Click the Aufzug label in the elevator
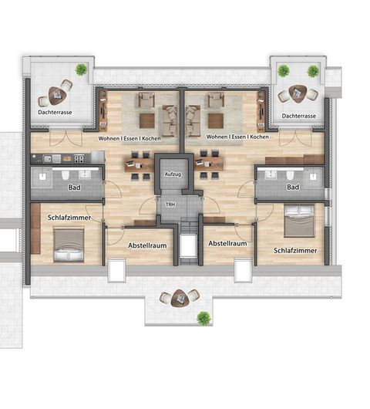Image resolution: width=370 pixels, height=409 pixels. pos(173,174)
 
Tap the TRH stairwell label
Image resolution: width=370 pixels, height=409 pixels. pos(170,204)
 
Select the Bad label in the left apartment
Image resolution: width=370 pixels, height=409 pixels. pos(75,188)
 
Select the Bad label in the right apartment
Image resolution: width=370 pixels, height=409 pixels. pos(293,187)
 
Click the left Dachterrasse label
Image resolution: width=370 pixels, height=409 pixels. pos(55,113)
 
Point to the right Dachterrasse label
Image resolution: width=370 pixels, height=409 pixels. pos(299,116)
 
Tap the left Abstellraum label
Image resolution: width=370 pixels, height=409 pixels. pos(147,245)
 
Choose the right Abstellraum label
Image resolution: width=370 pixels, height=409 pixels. pos(227,243)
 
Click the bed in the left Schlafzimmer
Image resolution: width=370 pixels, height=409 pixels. pos(69,245)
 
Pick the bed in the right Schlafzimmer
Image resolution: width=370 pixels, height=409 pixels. pos(299,221)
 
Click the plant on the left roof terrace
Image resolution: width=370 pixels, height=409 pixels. pos(81,69)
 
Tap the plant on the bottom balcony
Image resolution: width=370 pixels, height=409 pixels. pos(203,318)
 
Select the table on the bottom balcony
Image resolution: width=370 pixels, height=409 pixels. pos(180,298)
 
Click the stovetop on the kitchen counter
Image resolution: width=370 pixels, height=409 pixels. pos(79,159)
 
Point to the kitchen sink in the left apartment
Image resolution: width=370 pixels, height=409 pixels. pos(48,158)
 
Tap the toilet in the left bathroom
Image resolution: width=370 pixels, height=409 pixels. pos(66,175)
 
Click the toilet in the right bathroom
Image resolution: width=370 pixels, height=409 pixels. pos(291,175)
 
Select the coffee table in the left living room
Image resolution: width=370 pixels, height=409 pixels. pos(147,121)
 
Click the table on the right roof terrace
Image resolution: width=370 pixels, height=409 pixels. pos(298,94)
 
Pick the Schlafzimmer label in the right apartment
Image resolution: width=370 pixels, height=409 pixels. pos(295,250)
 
